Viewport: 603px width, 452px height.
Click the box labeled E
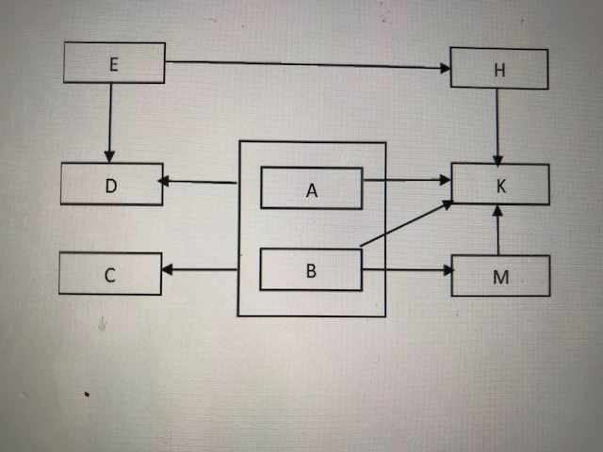pyautogui.click(x=114, y=62)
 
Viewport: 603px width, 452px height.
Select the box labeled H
pyautogui.click(x=499, y=67)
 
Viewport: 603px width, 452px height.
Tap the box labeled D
pyautogui.click(x=110, y=184)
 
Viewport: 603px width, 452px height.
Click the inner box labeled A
pyautogui.click(x=312, y=188)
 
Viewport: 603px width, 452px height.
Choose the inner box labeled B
pyautogui.click(x=311, y=270)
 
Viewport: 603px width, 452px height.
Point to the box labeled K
pyautogui.click(x=500, y=184)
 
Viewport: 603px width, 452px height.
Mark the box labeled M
pyautogui.click(x=500, y=275)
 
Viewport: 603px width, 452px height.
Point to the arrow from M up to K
pyautogui.click(x=498, y=230)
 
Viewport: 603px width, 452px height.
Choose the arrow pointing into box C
pyautogui.click(x=198, y=270)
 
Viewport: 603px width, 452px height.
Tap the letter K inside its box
pyautogui.click(x=500, y=186)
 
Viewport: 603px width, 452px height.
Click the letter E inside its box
pyautogui.click(x=114, y=63)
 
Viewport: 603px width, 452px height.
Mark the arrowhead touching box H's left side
pyautogui.click(x=445, y=68)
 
